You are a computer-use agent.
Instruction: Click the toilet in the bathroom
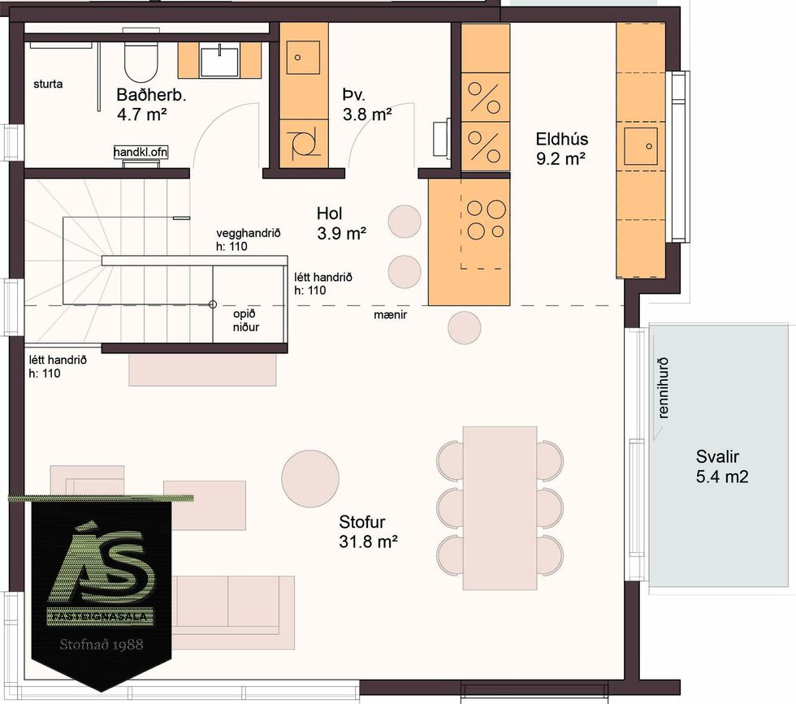(x=141, y=58)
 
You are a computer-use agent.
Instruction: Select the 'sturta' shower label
(x=48, y=84)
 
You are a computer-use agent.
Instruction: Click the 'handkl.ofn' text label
(x=141, y=152)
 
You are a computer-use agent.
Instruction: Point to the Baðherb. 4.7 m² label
(x=151, y=104)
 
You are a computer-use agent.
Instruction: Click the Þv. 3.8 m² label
(x=366, y=105)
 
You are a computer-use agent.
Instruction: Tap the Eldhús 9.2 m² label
(x=561, y=149)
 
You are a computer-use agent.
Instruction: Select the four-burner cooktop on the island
(x=486, y=220)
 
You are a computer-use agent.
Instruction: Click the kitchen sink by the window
(x=641, y=145)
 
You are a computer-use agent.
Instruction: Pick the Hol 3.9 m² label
(x=342, y=222)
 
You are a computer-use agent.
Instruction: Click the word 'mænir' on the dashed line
(x=391, y=315)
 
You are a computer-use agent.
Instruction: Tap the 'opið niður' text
(x=245, y=320)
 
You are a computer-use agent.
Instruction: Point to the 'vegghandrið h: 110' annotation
(x=249, y=240)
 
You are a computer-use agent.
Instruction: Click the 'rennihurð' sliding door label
(x=663, y=388)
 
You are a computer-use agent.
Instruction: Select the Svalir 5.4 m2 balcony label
(x=721, y=466)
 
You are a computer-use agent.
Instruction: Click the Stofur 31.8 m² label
(x=367, y=531)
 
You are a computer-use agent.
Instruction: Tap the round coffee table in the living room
(x=310, y=478)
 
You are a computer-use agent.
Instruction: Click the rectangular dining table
(x=500, y=508)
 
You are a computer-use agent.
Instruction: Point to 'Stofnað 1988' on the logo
(x=102, y=645)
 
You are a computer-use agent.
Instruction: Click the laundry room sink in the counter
(x=304, y=58)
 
